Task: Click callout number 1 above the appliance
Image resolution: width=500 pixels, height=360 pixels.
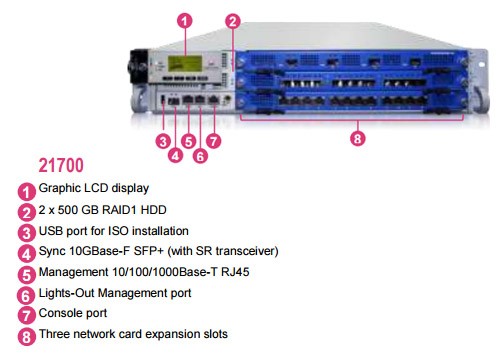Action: click(184, 21)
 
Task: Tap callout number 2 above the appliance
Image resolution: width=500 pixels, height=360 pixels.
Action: click(233, 21)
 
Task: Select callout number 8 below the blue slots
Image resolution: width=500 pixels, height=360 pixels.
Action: click(358, 138)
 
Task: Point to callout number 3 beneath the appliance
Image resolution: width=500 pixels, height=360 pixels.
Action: click(163, 141)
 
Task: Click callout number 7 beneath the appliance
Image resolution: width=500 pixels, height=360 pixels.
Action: click(213, 141)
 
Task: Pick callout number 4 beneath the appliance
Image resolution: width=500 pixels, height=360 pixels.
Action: click(175, 155)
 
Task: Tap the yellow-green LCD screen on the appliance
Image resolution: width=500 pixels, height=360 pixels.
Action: click(185, 63)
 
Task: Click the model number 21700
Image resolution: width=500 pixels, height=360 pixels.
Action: click(61, 165)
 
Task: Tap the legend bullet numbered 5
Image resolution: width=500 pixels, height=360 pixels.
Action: click(26, 275)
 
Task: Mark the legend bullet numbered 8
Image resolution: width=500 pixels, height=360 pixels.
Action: click(26, 337)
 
